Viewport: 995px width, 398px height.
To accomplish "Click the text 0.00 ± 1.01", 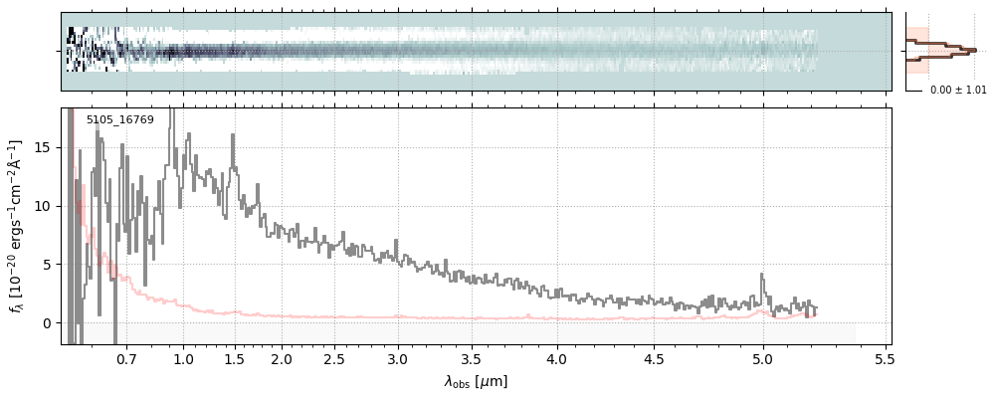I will [958, 91].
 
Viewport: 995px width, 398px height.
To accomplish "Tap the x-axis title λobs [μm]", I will [476, 381].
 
